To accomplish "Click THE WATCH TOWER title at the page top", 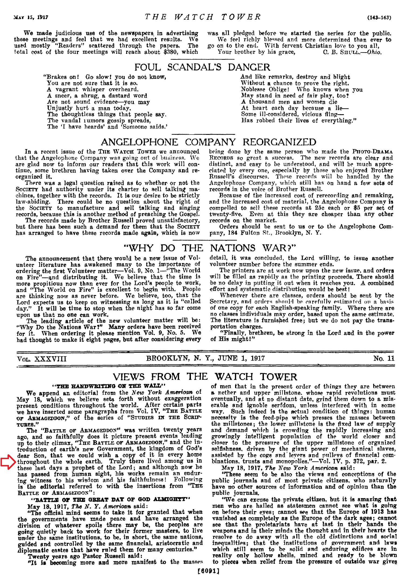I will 203,17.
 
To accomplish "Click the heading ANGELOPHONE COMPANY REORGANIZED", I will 208,142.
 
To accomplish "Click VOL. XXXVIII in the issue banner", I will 42,358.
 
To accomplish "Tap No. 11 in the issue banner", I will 384,358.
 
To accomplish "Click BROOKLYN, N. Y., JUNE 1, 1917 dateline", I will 205,358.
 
